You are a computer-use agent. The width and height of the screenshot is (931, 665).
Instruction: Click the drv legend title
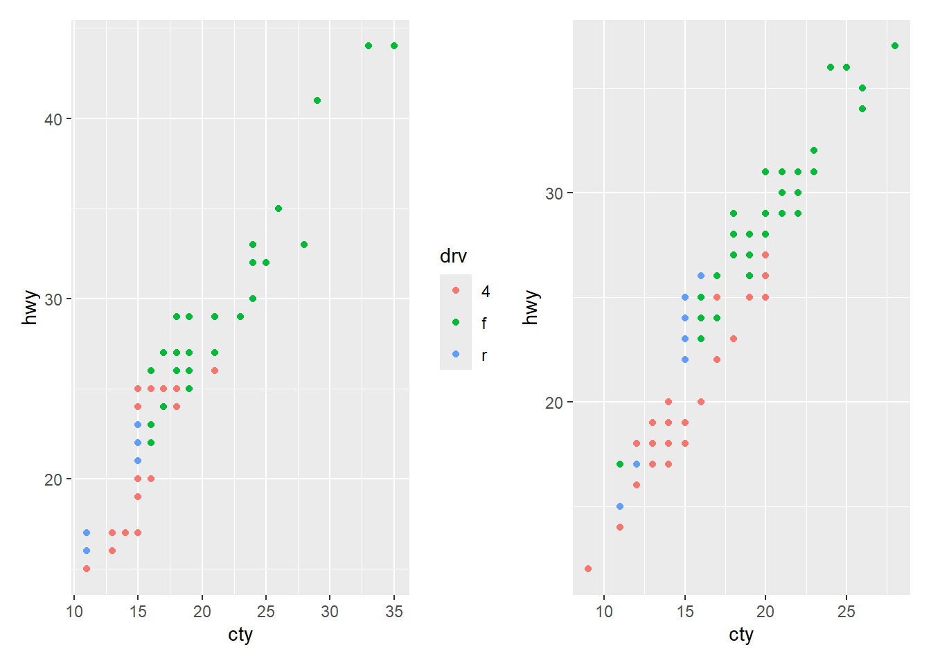click(x=453, y=256)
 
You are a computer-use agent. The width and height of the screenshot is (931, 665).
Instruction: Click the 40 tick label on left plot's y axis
click(x=53, y=119)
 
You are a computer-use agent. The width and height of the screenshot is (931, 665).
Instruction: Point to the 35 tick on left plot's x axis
click(x=394, y=612)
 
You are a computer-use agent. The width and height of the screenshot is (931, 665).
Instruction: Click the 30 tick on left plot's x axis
click(x=330, y=612)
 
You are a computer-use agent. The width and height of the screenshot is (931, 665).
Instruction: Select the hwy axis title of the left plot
click(x=29, y=308)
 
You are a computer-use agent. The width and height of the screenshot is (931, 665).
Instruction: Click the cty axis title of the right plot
click(x=741, y=635)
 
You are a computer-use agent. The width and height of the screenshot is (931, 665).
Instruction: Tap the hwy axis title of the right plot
click(x=531, y=308)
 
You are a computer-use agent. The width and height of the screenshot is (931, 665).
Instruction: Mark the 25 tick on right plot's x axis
click(x=846, y=612)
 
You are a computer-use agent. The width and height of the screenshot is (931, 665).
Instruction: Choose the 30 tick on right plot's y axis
click(x=554, y=193)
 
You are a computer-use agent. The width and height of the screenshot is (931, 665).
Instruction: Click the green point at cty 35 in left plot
click(x=394, y=46)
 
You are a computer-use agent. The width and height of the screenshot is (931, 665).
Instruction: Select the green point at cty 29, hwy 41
click(x=317, y=100)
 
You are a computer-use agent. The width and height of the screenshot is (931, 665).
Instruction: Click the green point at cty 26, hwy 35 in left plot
click(x=278, y=209)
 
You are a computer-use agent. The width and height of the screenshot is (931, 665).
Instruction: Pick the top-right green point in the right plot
click(x=895, y=46)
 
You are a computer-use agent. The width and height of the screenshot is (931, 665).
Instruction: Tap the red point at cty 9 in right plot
click(x=588, y=569)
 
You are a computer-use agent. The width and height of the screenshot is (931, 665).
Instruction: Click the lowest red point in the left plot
click(x=87, y=569)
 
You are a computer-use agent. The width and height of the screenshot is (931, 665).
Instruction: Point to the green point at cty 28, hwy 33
click(x=304, y=245)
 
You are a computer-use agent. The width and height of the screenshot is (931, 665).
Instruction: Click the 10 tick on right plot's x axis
click(x=605, y=612)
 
